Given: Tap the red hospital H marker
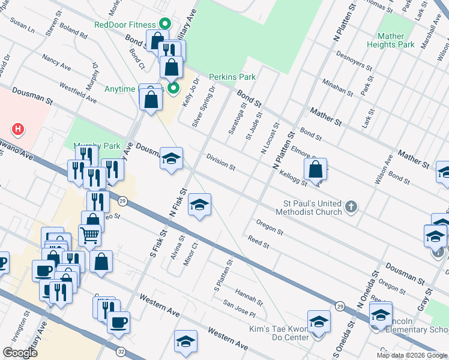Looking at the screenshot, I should [x=19, y=128].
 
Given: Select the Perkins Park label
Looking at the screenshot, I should [x=232, y=77].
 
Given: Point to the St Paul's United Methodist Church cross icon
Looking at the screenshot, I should [x=352, y=207].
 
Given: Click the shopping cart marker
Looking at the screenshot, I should [x=89, y=235].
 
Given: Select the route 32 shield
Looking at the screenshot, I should [x=121, y=351].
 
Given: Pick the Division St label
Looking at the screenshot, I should [x=220, y=160].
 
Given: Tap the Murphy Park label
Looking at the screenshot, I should [x=96, y=146].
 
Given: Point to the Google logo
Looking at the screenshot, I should [x=20, y=352].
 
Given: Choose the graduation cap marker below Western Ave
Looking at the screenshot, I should [x=186, y=341].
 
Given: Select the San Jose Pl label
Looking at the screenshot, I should [x=240, y=310].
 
